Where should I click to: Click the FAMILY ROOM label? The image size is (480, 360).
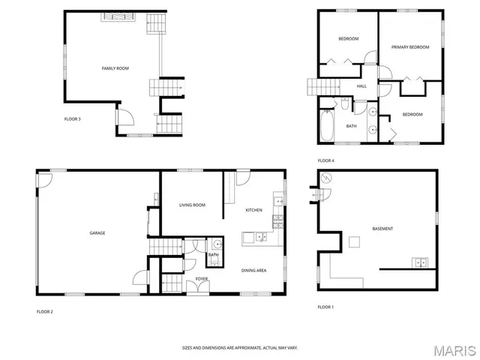point(115,68)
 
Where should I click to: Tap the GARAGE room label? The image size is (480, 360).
point(97,233)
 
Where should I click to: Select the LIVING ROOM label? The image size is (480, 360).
point(192,205)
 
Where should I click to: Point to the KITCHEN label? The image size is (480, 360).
point(253,210)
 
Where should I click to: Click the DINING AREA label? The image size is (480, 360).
point(253,270)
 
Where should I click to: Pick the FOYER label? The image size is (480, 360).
point(202,279)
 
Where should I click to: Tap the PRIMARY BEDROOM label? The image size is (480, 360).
point(410,47)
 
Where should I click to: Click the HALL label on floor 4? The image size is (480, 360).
point(361,86)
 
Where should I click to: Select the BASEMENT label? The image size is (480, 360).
point(382,228)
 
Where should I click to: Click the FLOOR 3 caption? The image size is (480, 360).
point(73,118)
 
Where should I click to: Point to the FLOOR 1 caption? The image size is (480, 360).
point(325,307)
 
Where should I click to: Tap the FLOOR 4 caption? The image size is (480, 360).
point(325,160)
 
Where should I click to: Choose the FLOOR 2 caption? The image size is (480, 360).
point(45,310)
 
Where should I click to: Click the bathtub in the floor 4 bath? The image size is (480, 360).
point(325,126)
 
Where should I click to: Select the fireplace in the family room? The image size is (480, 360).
point(116,16)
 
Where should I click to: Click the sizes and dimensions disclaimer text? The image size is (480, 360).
point(239,347)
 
